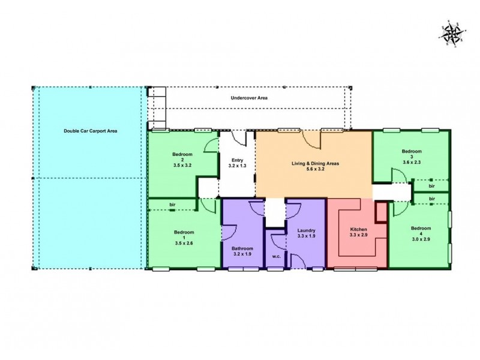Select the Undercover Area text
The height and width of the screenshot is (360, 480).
pyautogui.click(x=249, y=98)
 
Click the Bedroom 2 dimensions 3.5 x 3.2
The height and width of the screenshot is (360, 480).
pyautogui.click(x=181, y=164)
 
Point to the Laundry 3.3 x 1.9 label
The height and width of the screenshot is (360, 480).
pyautogui.click(x=306, y=234)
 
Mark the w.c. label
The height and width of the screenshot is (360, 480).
pyautogui.click(x=277, y=256)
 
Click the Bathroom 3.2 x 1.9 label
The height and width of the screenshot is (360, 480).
pyautogui.click(x=243, y=251)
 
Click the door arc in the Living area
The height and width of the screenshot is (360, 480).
pyautogui.click(x=313, y=140)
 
